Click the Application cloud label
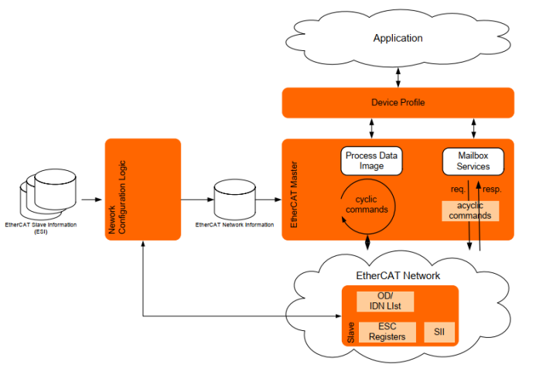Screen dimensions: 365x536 [398, 38]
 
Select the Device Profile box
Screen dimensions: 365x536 [398, 103]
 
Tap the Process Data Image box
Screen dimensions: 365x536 [371, 161]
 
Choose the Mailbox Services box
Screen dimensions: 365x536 [473, 161]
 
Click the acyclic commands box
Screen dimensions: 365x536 [469, 210]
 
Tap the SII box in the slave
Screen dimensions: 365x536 [439, 333]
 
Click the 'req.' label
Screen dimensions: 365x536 [457, 188]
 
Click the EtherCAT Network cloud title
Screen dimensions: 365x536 [398, 275]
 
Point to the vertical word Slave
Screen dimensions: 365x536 [350, 333]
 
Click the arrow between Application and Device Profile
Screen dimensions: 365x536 [398, 77]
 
